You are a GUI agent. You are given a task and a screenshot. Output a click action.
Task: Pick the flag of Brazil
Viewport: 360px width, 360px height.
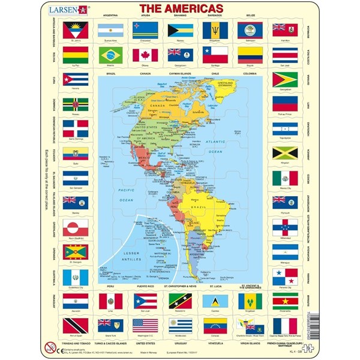pos(115,55)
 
